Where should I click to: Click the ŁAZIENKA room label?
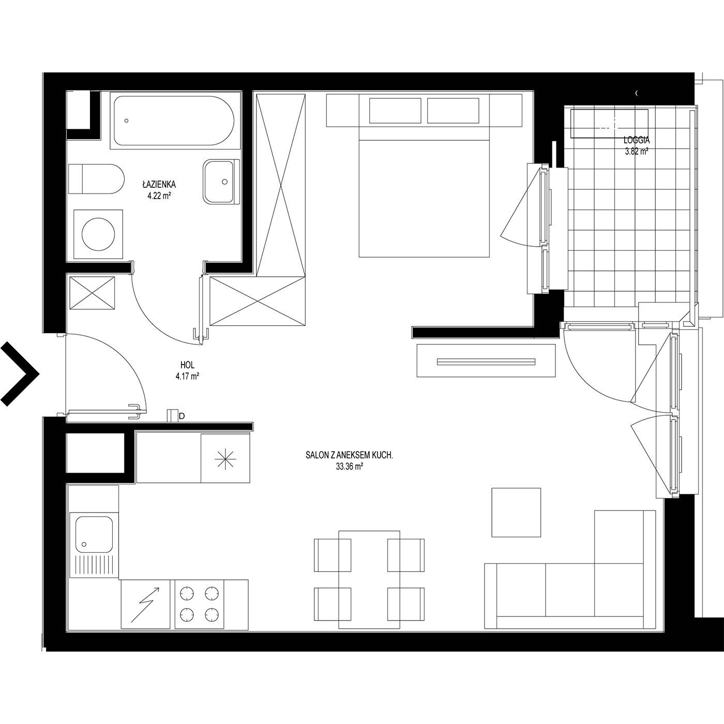tap(159, 185)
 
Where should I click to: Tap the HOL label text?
tap(187, 365)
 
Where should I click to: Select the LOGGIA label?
tap(637, 140)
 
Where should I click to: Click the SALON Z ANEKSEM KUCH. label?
tap(350, 456)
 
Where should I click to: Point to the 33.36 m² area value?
tap(350, 466)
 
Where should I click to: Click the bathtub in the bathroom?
tap(174, 120)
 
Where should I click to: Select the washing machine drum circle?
tap(98, 234)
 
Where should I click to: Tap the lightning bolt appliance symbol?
tap(145, 604)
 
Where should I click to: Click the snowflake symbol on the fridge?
tap(225, 459)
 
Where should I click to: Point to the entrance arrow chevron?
tap(20, 374)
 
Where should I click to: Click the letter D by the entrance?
tap(182, 416)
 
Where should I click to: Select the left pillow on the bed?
tap(395, 111)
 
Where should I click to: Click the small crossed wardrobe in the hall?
tap(93, 293)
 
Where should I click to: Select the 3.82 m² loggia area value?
tap(637, 152)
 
